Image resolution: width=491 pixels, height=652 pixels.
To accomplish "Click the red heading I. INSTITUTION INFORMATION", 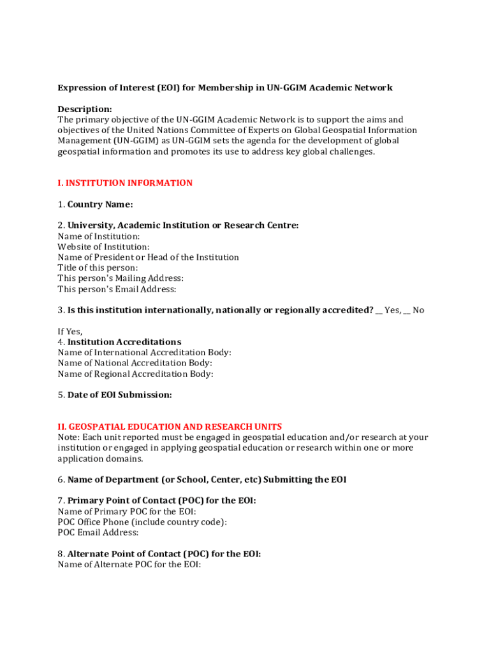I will point(125,183).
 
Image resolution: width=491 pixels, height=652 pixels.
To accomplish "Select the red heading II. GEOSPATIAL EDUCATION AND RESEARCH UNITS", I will point(170,427).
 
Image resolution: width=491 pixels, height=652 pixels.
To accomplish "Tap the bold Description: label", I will point(85,109).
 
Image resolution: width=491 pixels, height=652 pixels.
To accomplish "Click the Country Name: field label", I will point(100,204).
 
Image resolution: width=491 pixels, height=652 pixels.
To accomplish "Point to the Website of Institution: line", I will point(104,246).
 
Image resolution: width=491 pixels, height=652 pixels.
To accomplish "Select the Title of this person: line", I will point(98,268).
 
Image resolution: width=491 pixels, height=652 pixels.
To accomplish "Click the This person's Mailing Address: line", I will point(121,278).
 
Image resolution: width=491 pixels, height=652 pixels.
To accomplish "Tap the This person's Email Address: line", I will point(117,289).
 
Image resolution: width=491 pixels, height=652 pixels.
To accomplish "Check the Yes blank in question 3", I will point(379,311).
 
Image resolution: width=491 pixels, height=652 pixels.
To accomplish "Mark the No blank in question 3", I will point(407,311).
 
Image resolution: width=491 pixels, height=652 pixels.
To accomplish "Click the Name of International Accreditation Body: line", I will point(145,353).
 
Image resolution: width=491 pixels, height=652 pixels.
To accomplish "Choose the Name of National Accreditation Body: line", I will point(135,363).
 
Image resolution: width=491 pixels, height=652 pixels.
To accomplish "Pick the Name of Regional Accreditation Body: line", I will point(135,374).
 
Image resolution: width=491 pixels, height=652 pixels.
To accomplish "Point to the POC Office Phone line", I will point(142,522).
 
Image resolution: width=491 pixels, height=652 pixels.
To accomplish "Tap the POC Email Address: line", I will point(98,532).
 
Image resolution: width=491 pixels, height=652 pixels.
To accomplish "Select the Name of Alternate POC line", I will point(129,564).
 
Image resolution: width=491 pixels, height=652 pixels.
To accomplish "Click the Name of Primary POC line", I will point(127,511).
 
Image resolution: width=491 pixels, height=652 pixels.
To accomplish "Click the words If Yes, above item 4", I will point(70,332).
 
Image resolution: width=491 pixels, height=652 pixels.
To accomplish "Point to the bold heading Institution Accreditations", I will point(124,342).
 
